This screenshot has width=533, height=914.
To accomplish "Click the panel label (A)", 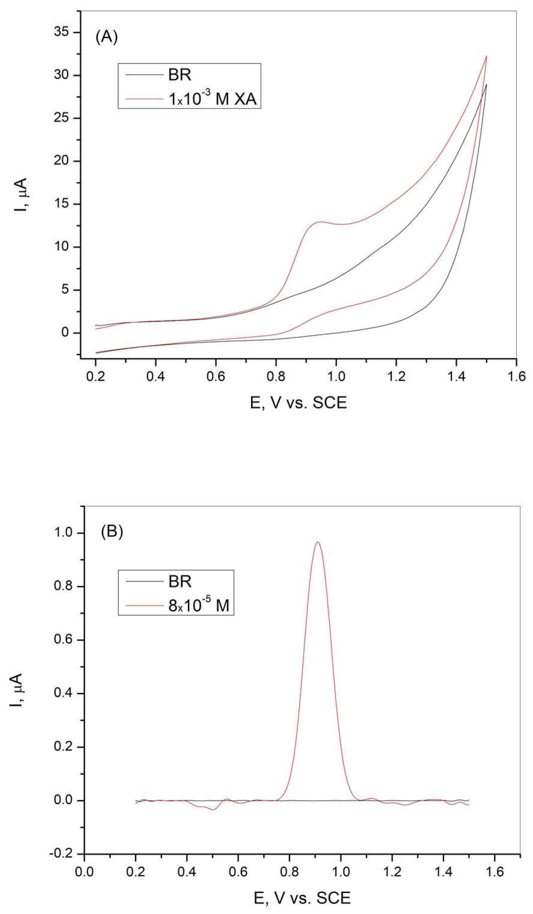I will (x=106, y=37).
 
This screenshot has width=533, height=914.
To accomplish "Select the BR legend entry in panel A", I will (x=179, y=75).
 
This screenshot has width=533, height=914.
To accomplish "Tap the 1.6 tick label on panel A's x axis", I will (x=516, y=377).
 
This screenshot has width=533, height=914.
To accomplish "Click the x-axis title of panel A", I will (x=299, y=403).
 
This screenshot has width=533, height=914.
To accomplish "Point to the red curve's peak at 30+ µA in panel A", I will (x=486, y=56).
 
